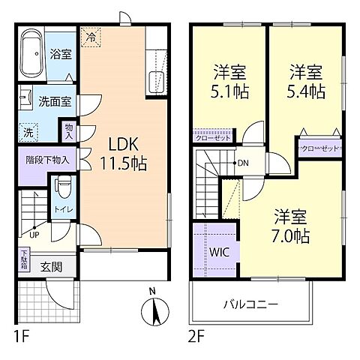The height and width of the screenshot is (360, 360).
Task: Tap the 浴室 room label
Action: [61, 54]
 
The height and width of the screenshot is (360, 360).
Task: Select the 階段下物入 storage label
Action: [46, 159]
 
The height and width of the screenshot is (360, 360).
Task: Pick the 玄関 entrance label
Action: [51, 265]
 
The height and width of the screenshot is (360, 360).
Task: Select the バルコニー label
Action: [250, 305]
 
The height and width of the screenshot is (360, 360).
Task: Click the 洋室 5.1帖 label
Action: [228, 83]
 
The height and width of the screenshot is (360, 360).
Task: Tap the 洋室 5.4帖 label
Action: [306, 83]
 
